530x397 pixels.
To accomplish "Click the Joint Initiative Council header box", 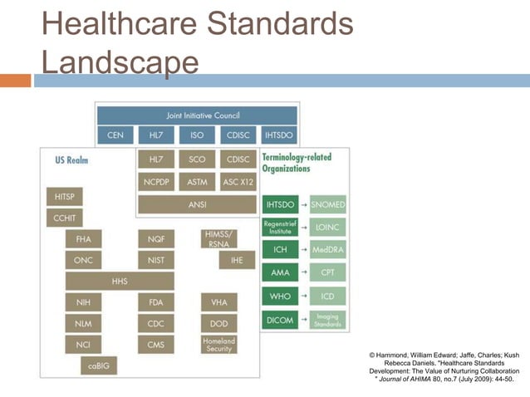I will (x=196, y=115).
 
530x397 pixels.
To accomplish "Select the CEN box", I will (x=115, y=135).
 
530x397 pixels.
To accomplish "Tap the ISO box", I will (x=197, y=135).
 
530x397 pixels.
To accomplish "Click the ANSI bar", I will (x=197, y=203).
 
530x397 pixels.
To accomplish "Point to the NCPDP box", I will (x=156, y=181).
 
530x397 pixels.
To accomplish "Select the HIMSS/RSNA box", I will (x=218, y=238).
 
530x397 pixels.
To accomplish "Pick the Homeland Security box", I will (x=218, y=344).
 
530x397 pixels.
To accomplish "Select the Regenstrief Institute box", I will (x=280, y=227).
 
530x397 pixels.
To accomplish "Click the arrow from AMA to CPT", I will (x=304, y=272).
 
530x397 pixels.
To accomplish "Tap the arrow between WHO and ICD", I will (x=304, y=297).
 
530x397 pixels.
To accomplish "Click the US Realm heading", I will (x=71, y=159).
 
